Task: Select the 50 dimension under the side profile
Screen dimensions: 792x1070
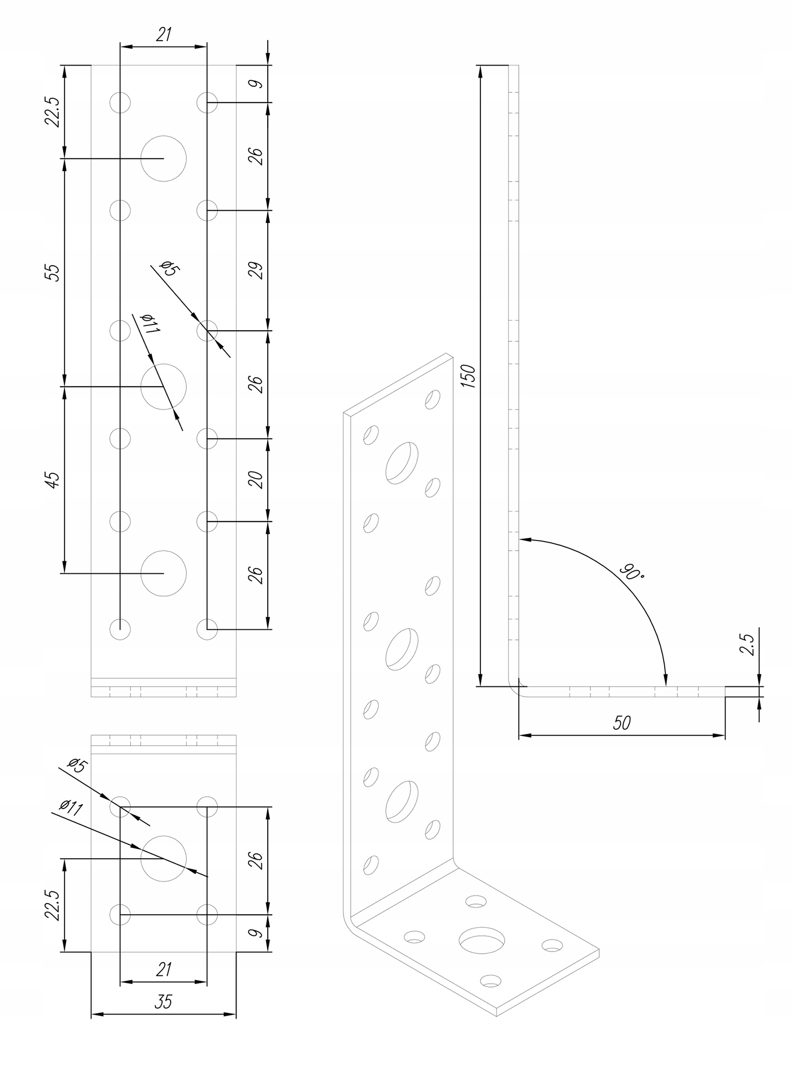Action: [x=621, y=723]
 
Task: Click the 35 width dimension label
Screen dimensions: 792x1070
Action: [x=164, y=1001]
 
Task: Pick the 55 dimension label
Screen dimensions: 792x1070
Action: [x=53, y=272]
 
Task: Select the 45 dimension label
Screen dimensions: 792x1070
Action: [x=53, y=480]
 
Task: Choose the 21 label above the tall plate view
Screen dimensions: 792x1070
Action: [x=164, y=35]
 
